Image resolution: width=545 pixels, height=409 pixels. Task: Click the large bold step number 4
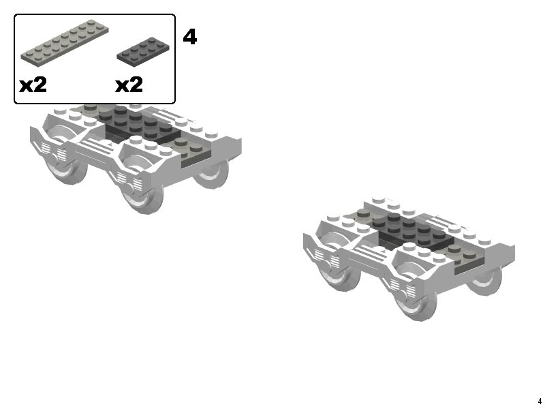[x=190, y=37]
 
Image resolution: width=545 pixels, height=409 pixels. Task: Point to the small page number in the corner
[x=540, y=402]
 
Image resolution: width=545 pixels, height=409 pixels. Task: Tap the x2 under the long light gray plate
[x=33, y=85]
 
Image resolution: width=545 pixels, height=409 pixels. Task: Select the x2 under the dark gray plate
[x=129, y=85]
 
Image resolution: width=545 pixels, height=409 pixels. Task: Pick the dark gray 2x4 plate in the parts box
[x=143, y=52]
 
